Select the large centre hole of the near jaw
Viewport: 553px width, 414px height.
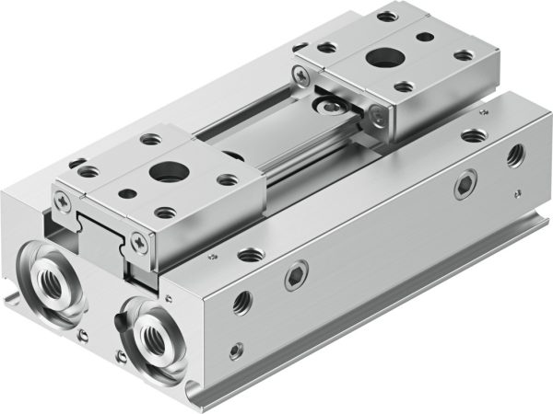167,170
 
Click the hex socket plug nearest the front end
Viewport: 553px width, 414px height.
296,275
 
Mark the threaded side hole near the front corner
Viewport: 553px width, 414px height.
241,301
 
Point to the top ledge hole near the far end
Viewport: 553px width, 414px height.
472,135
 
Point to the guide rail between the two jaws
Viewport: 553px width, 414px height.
276,156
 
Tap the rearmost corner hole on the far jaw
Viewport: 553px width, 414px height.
388,17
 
